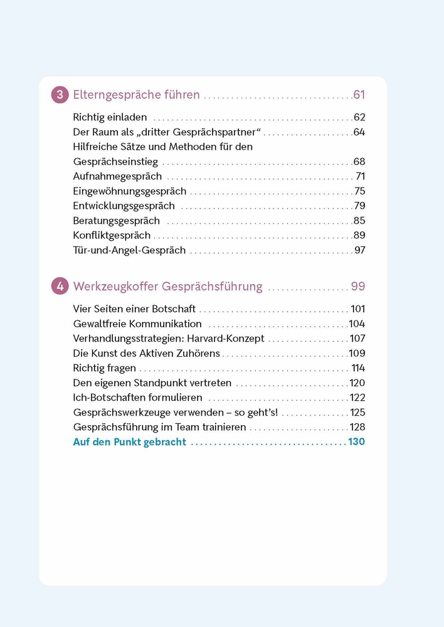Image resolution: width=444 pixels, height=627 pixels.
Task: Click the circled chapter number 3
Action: click(x=60, y=95)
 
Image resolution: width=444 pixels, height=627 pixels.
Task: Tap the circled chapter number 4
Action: click(x=60, y=287)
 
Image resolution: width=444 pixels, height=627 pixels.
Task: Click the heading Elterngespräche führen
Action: click(x=136, y=95)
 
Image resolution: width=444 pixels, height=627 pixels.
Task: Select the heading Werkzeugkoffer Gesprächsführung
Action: click(x=167, y=287)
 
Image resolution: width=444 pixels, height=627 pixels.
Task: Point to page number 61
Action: click(x=359, y=95)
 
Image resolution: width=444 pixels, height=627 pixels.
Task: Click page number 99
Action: click(x=357, y=287)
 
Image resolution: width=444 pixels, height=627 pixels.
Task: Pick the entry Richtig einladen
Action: click(x=110, y=117)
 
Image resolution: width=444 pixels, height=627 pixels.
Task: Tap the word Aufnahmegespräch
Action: click(x=117, y=176)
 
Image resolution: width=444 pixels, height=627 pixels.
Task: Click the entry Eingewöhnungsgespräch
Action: click(x=130, y=191)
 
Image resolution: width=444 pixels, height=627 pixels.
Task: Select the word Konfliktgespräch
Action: click(x=112, y=236)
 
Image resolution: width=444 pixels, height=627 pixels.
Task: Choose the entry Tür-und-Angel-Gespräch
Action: click(x=129, y=250)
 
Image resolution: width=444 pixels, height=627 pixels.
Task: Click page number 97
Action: click(x=359, y=250)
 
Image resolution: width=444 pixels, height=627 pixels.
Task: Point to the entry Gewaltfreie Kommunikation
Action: click(x=137, y=324)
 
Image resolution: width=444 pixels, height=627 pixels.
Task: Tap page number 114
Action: click(x=358, y=368)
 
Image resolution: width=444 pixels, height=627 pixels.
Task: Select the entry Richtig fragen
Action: click(x=104, y=368)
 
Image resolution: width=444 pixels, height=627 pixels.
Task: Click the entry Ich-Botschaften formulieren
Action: click(x=137, y=398)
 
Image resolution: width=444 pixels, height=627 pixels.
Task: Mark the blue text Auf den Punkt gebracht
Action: click(x=129, y=442)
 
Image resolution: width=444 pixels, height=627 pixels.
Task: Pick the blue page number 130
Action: click(x=356, y=442)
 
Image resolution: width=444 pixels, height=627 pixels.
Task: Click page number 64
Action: click(x=359, y=132)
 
